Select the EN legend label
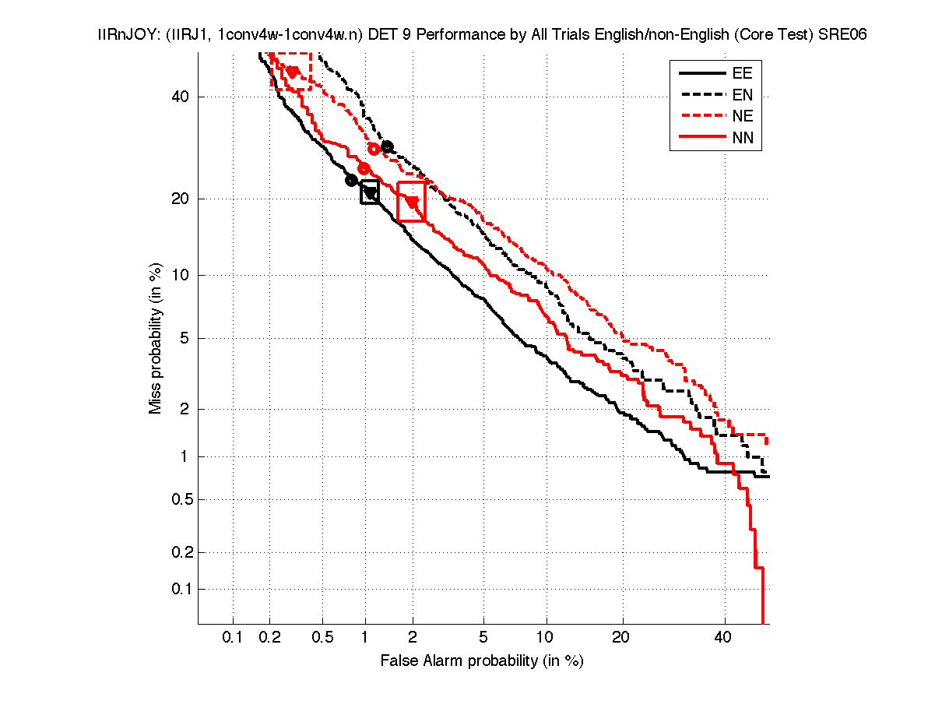[741, 95]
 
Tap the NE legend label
[741, 117]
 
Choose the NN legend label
[741, 139]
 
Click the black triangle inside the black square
[371, 193]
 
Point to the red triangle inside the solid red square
[413, 202]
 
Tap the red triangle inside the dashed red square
[293, 72]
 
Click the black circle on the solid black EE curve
[351, 181]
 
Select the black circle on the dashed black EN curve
[387, 146]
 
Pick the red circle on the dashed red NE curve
[374, 149]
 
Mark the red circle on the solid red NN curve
[364, 168]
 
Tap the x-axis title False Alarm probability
[482, 661]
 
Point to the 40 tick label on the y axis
[181, 97]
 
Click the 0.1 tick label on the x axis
[233, 638]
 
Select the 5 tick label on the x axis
[483, 638]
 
